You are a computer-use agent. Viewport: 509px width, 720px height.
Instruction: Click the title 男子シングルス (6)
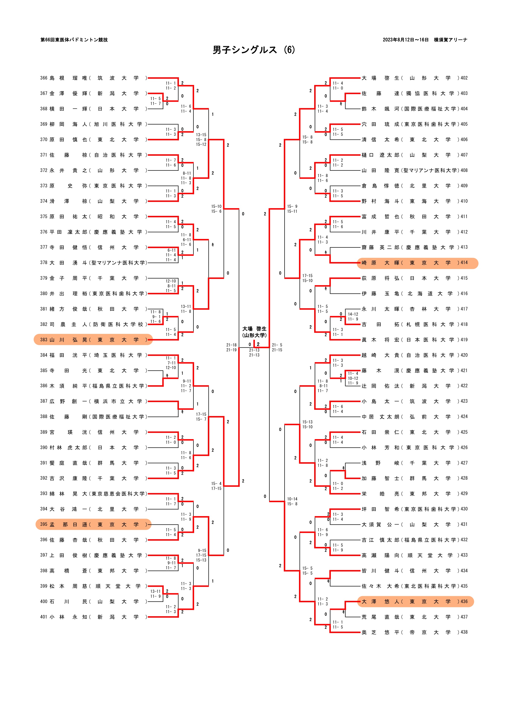pos(254,50)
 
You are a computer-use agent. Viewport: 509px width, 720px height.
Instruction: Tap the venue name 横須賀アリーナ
pos(450,40)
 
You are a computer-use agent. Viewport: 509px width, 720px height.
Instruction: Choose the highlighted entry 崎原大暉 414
pos(417,263)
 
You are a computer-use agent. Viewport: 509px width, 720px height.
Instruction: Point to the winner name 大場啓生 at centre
pos(254,329)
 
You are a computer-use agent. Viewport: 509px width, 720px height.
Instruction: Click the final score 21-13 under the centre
pos(254,350)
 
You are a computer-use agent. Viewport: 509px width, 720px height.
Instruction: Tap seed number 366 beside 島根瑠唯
pos(44,78)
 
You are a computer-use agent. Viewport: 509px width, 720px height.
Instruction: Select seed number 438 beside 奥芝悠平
pos(464,632)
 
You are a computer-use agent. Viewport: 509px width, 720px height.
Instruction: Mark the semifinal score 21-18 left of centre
pos(231,345)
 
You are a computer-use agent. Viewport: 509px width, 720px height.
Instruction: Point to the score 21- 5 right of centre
pos(277,345)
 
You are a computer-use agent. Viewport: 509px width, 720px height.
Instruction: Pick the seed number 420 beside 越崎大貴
pos(464,355)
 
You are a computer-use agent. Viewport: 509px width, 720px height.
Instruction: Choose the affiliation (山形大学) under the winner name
pos(254,335)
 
